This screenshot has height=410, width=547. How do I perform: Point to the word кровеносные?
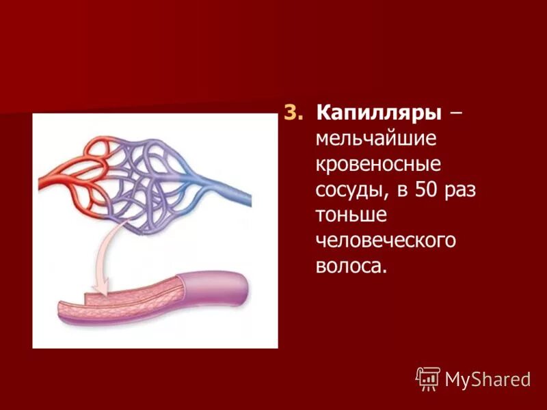point(378,164)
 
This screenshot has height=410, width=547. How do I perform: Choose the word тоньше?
point(351,215)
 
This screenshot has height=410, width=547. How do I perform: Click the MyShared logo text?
point(488,379)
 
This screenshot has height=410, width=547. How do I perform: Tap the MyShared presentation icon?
point(427,378)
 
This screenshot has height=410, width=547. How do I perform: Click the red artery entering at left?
point(51,182)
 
